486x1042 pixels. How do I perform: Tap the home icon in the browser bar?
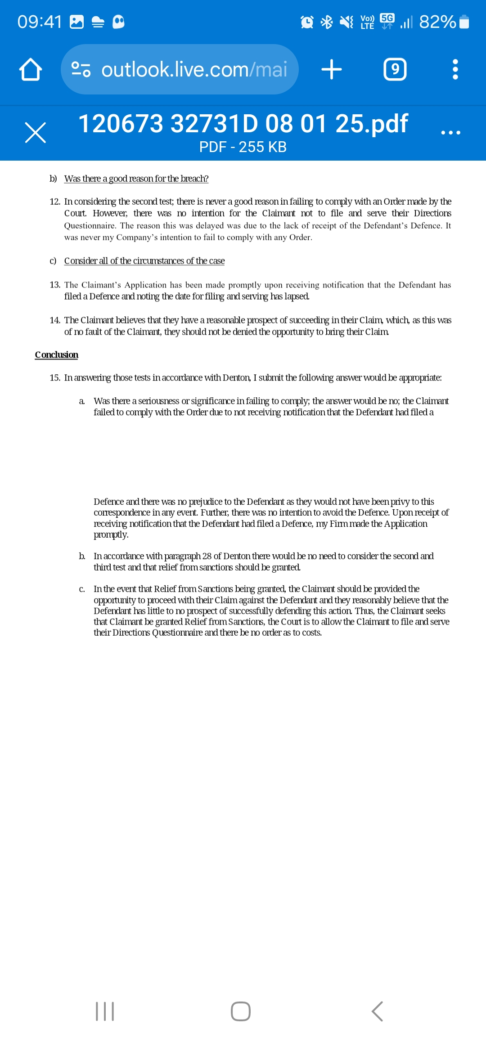click(31, 70)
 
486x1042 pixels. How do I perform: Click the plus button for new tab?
click(332, 70)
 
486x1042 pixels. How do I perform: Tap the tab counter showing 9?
click(395, 69)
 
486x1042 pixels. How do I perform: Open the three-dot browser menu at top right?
click(455, 70)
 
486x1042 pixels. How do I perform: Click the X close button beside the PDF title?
click(36, 133)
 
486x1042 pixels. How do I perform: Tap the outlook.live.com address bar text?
click(194, 70)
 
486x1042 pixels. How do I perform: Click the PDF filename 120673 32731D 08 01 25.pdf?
click(243, 124)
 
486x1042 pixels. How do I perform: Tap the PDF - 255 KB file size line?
click(243, 147)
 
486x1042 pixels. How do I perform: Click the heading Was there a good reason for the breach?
click(136, 179)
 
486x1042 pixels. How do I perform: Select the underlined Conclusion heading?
click(57, 355)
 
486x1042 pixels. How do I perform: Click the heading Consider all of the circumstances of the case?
click(144, 261)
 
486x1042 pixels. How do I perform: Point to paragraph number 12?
click(55, 202)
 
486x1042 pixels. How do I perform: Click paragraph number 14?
click(55, 320)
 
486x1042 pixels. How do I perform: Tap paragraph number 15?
click(55, 377)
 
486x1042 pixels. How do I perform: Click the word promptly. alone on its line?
click(111, 534)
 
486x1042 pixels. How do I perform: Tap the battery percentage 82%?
click(437, 22)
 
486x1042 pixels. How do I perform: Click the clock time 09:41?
click(40, 22)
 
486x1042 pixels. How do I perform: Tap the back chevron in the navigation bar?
click(377, 1011)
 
